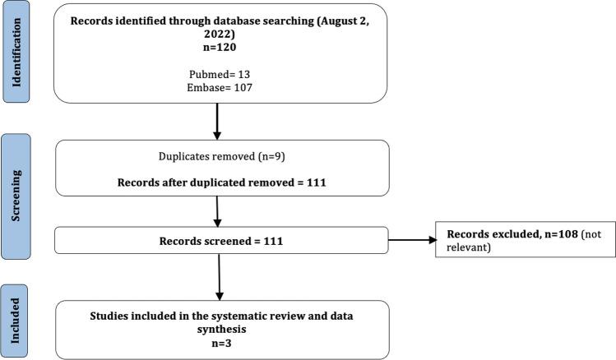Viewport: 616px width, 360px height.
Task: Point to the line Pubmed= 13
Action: tap(220, 72)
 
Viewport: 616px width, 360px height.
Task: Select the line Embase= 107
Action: tap(220, 83)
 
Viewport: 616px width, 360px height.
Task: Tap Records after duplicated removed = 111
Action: tap(220, 182)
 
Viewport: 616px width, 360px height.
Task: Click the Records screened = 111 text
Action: tap(220, 241)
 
